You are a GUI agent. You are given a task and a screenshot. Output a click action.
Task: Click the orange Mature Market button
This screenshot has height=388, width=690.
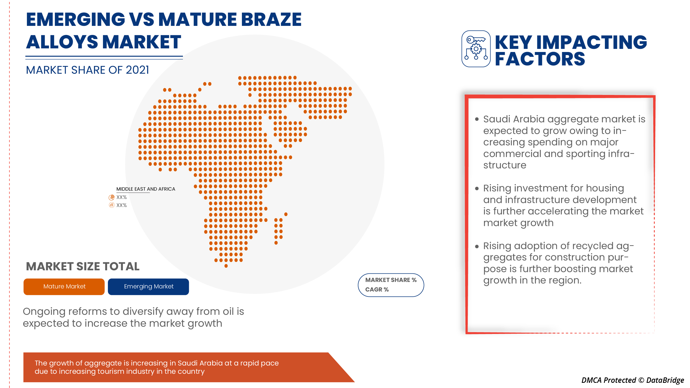[x=64, y=286]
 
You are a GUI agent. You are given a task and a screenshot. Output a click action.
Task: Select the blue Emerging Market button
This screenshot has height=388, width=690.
[x=149, y=286]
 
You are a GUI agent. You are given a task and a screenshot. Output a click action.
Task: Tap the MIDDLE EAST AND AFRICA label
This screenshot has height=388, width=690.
[x=145, y=189]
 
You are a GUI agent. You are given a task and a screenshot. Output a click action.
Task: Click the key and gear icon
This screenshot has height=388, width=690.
[x=476, y=49]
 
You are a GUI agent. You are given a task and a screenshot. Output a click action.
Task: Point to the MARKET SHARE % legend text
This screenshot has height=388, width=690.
[x=391, y=280]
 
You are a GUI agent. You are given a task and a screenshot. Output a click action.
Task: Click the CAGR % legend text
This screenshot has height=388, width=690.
[x=377, y=289]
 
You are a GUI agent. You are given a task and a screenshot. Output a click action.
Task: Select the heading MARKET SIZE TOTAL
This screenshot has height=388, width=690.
[x=83, y=266]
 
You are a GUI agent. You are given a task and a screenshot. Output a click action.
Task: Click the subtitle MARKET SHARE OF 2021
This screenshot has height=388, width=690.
[x=87, y=70]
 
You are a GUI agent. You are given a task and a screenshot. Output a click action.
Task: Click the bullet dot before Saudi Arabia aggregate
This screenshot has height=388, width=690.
[x=477, y=119]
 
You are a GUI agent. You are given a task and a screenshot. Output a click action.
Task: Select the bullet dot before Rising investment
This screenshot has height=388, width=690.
[x=477, y=189]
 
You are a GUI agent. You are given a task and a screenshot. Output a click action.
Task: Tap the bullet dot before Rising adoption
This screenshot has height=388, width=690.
[x=477, y=246]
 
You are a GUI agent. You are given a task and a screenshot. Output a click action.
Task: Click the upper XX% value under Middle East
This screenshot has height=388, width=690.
[x=121, y=197]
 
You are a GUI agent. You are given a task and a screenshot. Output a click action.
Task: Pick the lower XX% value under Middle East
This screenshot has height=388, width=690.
[x=121, y=205]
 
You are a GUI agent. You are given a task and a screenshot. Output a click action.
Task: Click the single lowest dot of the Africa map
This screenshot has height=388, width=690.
[x=226, y=266]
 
